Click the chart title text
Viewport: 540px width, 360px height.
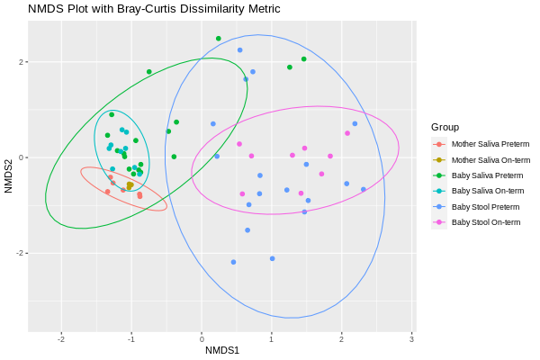[x=154, y=9]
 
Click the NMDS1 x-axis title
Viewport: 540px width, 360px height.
[x=222, y=350]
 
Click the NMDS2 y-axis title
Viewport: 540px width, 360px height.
[x=9, y=175]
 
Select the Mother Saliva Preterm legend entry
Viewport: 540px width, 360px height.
[x=490, y=144]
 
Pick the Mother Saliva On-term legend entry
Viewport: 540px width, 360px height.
[x=490, y=159]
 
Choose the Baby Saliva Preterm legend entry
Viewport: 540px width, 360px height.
[x=487, y=175]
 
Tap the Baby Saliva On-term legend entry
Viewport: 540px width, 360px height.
[x=487, y=191]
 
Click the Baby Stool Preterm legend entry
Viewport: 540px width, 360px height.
[x=485, y=206]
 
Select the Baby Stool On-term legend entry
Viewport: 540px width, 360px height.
[x=485, y=221]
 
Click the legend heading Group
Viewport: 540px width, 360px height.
[x=445, y=127]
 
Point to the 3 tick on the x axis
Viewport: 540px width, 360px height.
[x=411, y=339]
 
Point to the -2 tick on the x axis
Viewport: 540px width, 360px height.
[x=61, y=339]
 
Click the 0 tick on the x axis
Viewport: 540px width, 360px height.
[x=202, y=339]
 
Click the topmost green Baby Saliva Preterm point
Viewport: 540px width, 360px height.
[x=219, y=39]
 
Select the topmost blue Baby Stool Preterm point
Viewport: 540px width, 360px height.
[x=240, y=50]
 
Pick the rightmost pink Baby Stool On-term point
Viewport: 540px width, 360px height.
[x=347, y=133]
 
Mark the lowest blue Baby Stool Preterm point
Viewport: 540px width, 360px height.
[x=233, y=262]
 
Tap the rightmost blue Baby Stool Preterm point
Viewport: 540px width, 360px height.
[x=364, y=189]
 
